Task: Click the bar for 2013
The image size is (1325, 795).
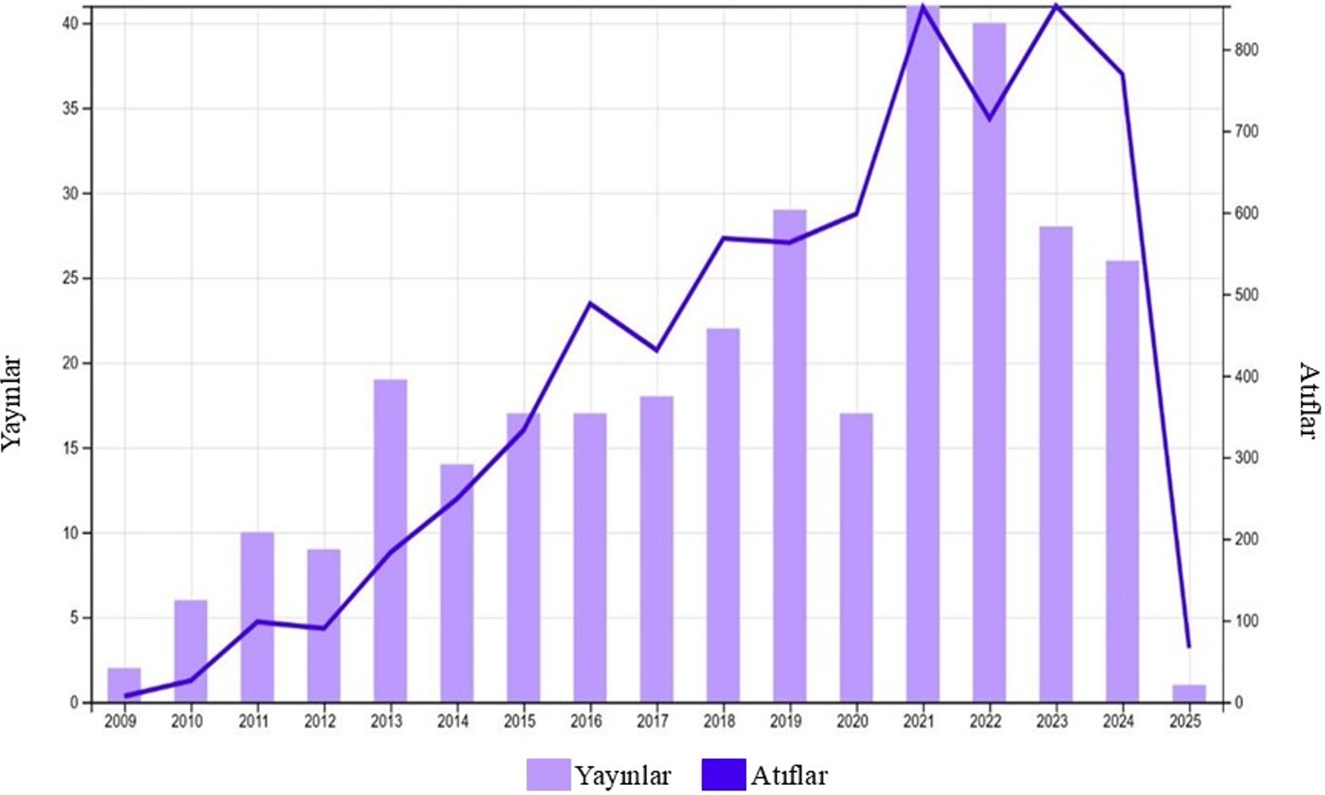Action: (x=390, y=540)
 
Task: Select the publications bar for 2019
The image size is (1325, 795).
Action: (x=789, y=455)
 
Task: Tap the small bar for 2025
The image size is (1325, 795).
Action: (x=1189, y=693)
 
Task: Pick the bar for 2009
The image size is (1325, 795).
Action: (x=124, y=685)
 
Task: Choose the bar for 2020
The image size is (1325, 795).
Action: (x=856, y=557)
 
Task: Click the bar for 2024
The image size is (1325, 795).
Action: (x=1122, y=481)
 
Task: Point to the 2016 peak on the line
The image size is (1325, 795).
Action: (x=590, y=304)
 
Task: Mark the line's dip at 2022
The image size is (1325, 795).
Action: (x=989, y=119)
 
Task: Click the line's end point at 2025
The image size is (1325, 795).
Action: (x=1189, y=646)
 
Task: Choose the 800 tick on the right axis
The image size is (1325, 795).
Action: (x=1247, y=50)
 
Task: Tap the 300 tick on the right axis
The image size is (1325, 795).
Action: (x=1247, y=458)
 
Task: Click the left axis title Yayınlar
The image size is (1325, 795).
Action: (x=12, y=404)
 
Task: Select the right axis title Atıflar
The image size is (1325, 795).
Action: (x=1308, y=400)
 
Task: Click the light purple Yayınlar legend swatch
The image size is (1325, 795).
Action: (x=548, y=775)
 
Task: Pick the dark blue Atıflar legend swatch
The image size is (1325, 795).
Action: (x=724, y=775)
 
